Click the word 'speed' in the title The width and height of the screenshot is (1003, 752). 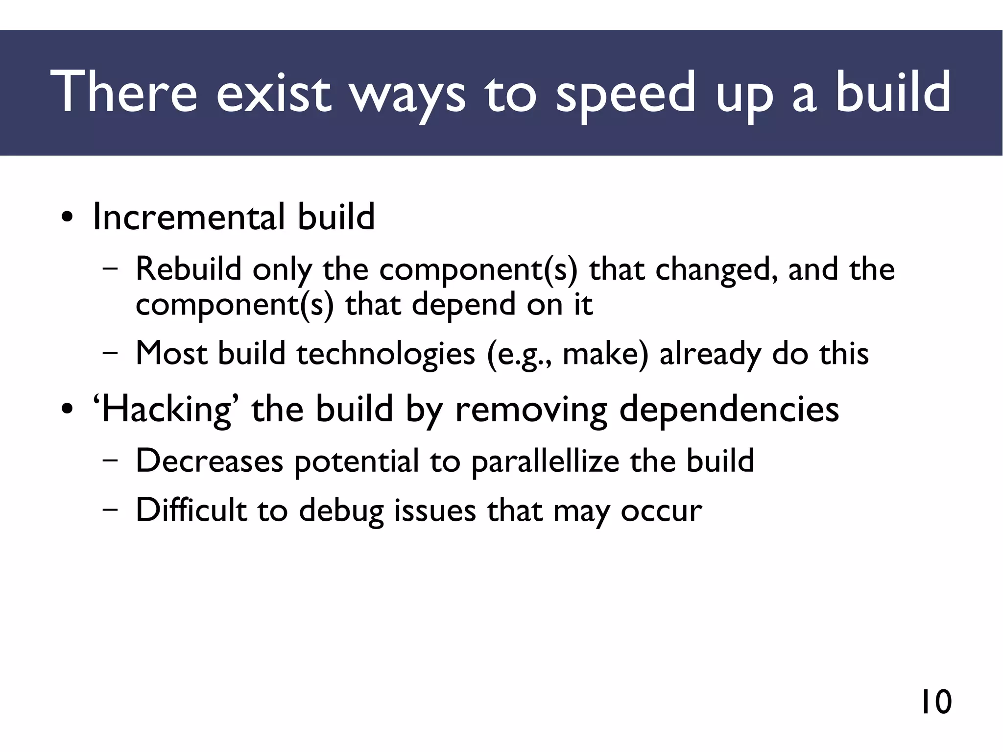click(x=625, y=93)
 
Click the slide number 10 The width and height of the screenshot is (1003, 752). click(x=936, y=702)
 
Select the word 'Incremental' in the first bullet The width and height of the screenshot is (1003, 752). click(x=188, y=217)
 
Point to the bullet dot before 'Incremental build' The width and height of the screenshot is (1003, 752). click(x=67, y=217)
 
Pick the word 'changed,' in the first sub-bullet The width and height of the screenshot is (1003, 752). click(x=716, y=269)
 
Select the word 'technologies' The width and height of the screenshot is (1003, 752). click(x=386, y=354)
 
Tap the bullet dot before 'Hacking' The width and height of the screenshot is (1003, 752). click(x=67, y=410)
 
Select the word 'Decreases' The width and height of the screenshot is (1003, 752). click(x=209, y=461)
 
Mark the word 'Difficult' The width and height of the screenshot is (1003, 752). click(x=191, y=510)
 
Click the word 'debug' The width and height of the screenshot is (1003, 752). click(x=341, y=511)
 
